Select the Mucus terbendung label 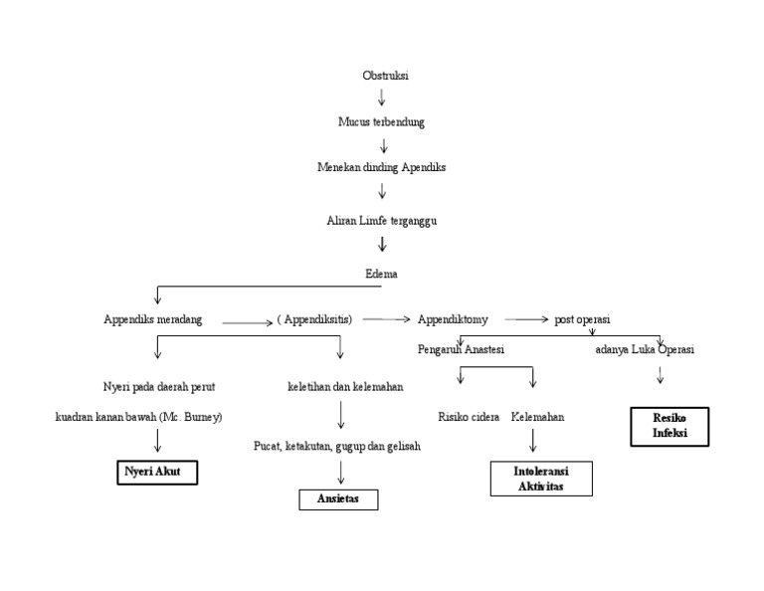[382, 121]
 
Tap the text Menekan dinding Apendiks [382, 167]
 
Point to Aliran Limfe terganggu [382, 219]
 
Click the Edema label [382, 272]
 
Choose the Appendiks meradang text [153, 319]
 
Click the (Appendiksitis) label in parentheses [314, 319]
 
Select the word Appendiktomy [453, 319]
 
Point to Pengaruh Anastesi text [463, 350]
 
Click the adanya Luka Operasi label [645, 350]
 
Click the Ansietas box [338, 499]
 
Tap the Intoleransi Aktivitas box [541, 478]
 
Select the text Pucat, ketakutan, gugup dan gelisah [337, 446]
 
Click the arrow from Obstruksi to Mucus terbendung [382, 98]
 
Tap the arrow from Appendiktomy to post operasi [526, 320]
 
